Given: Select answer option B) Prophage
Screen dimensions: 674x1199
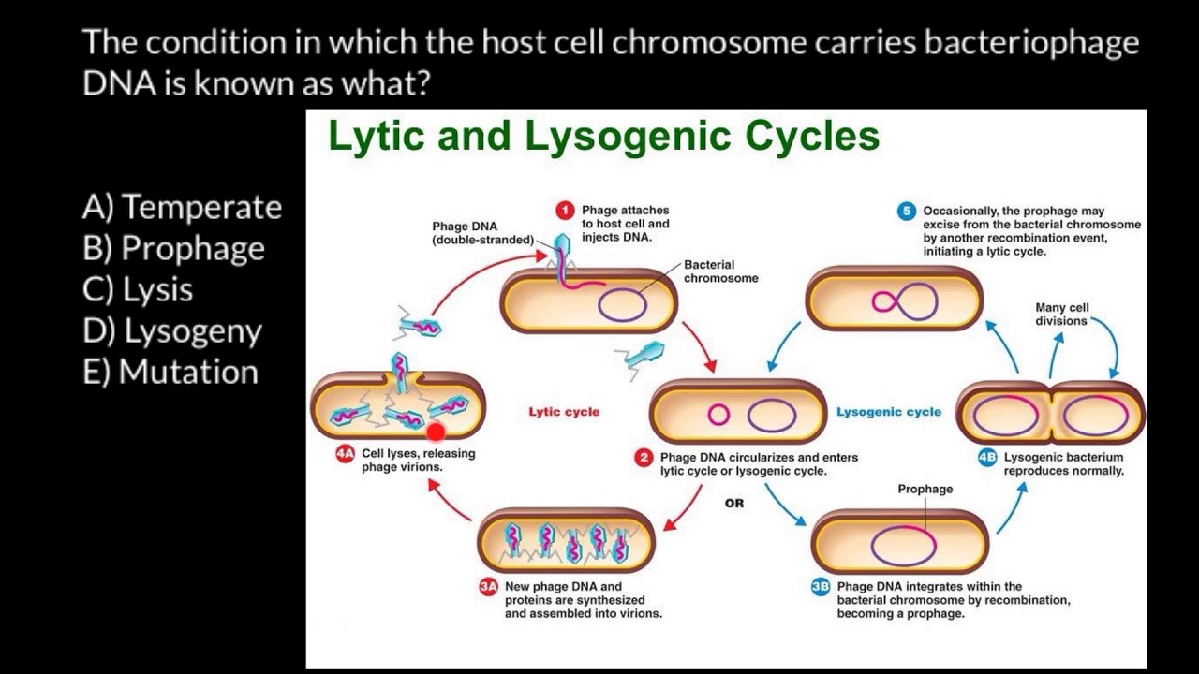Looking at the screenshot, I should pos(174,248).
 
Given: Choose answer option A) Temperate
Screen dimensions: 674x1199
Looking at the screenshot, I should pos(183,207).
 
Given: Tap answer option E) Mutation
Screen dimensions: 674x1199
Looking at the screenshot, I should pos(170,372).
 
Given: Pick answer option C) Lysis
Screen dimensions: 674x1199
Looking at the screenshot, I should pos(139,289).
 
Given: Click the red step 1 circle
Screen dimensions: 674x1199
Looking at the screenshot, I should pos(565,211).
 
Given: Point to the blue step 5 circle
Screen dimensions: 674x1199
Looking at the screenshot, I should pos(906,212).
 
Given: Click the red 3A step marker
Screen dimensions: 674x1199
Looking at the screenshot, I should pos(488,587).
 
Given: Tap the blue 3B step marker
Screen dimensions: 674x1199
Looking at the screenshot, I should pos(821,587).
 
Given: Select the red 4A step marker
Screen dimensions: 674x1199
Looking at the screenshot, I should pos(345,454).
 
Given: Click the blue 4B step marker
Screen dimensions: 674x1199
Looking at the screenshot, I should pos(987,458).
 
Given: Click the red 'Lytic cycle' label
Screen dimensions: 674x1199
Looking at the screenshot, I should pos(564,412).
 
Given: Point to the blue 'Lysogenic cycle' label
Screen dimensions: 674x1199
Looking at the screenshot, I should pos(889,412).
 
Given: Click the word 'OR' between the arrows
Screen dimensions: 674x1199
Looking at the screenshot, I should pos(734,504).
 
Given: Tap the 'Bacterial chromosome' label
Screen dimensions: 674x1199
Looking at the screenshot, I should pos(720,271).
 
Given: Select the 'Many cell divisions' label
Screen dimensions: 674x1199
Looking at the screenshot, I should pos(1061,314).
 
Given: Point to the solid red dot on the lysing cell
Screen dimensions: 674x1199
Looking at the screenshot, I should pos(435,432).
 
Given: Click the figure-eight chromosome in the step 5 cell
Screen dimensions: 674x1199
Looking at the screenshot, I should pos(904,300).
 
